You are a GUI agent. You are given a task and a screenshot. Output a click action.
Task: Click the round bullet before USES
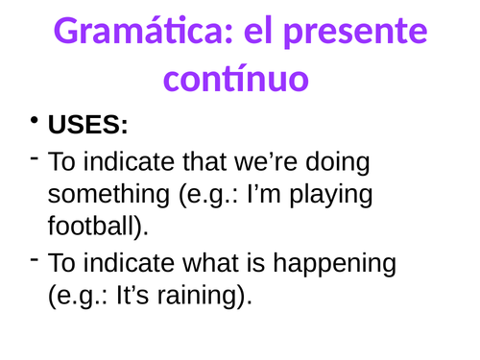pos(36,123)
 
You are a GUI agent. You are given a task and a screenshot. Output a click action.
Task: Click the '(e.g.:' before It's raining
pos(78,298)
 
